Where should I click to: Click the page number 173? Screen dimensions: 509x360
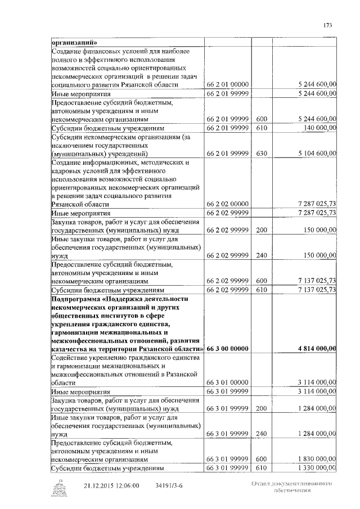click(x=328, y=24)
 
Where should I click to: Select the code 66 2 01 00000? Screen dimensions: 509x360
click(x=227, y=85)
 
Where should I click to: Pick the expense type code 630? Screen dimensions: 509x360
click(x=261, y=153)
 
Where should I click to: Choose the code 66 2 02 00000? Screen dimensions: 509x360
click(x=227, y=205)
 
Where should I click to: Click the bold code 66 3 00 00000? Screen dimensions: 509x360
click(x=227, y=349)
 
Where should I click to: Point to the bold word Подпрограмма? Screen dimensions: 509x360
click(x=76, y=299)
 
